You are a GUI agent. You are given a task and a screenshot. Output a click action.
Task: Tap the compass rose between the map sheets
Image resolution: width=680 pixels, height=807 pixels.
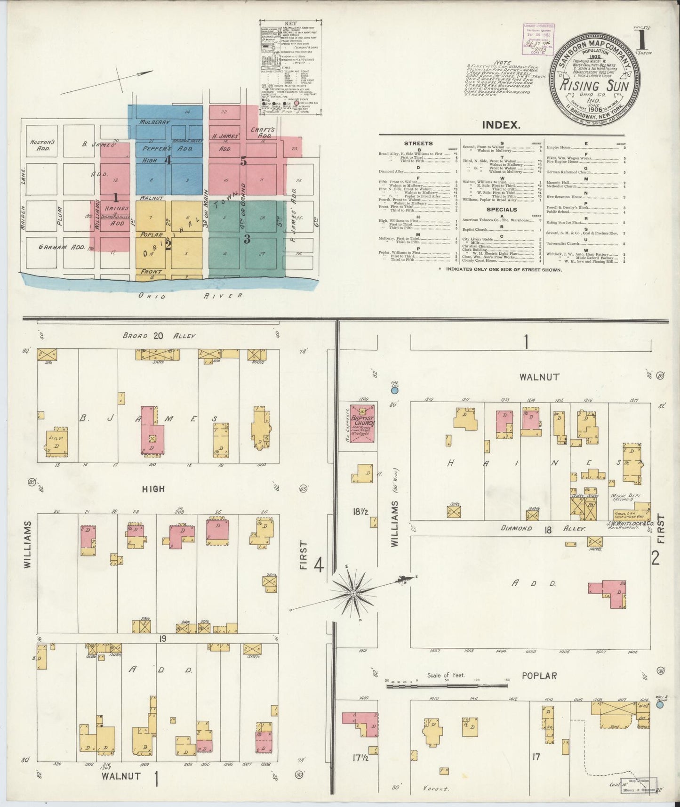point(353,594)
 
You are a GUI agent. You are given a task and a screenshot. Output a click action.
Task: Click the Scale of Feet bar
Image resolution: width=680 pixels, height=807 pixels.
point(448,686)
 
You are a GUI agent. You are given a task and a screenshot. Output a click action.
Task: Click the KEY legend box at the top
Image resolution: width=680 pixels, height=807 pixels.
point(291,67)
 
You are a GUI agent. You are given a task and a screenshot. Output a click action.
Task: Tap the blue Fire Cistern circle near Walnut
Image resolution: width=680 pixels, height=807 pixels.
point(395,390)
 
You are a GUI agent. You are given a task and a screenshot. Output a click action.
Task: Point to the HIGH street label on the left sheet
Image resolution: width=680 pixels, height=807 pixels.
point(154,489)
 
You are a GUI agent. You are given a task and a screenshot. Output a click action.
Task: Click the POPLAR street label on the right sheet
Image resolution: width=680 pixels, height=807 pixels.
point(539,676)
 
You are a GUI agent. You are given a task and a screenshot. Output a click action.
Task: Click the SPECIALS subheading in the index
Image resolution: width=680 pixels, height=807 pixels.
point(502,210)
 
